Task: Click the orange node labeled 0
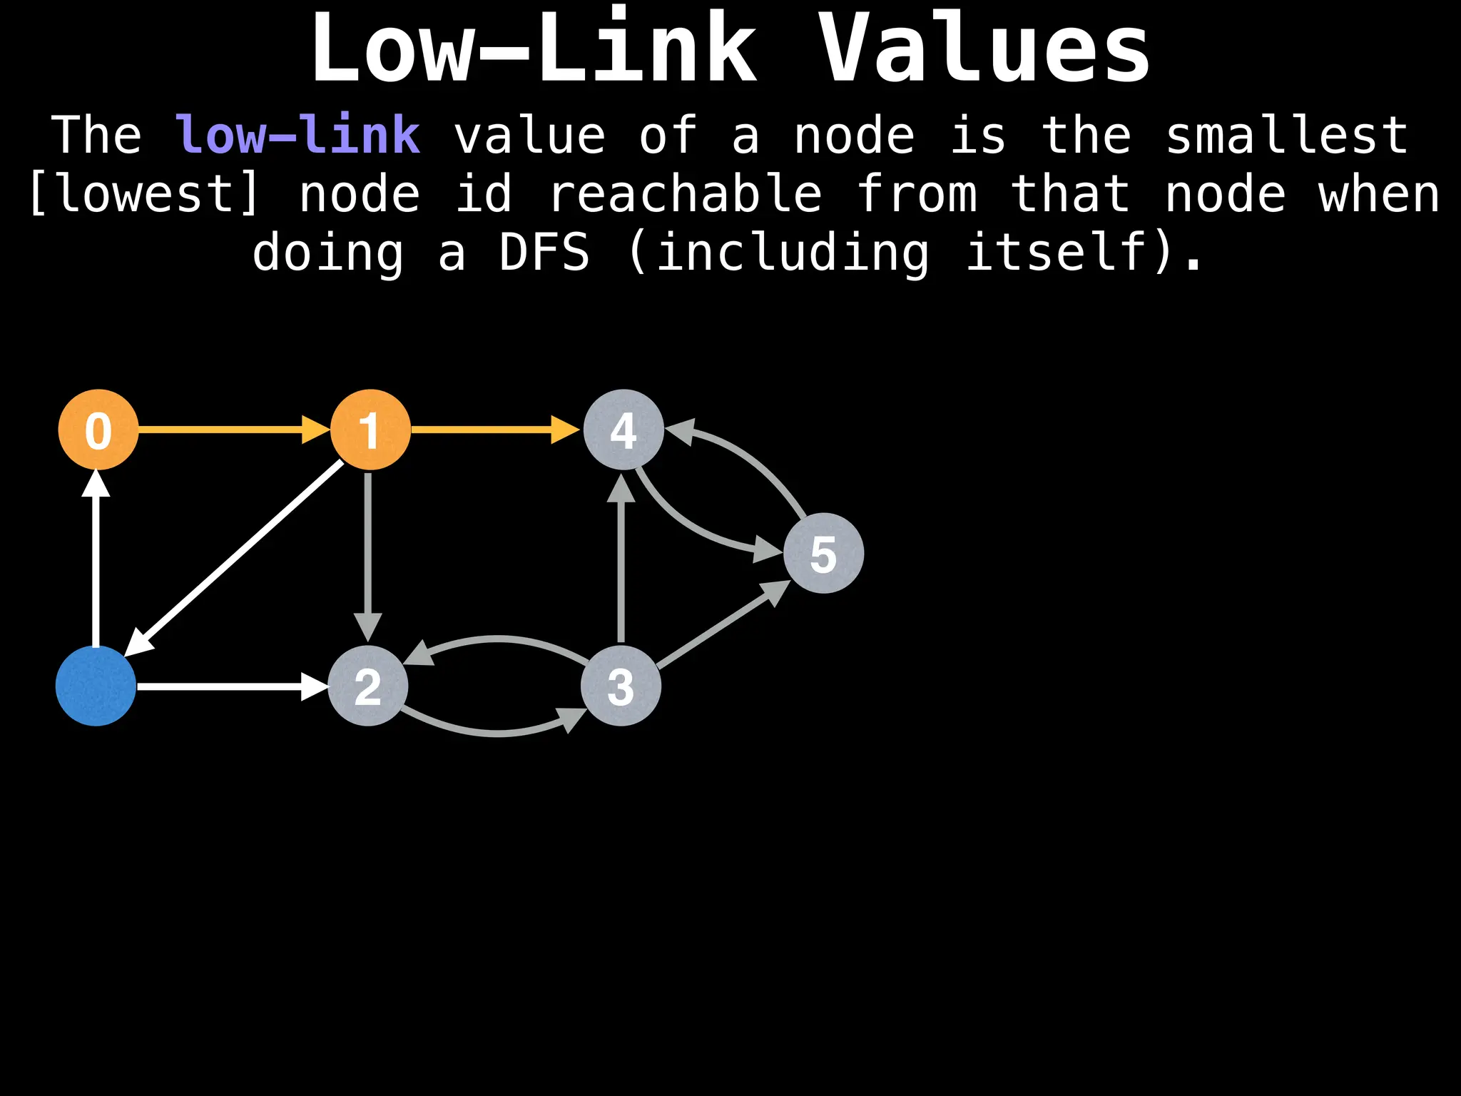[x=98, y=430]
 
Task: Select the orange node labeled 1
[x=370, y=430]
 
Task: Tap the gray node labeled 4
[x=623, y=430]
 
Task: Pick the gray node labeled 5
[x=823, y=553]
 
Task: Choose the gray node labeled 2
[x=367, y=686]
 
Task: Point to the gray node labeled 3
[x=621, y=686]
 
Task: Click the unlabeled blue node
[x=96, y=686]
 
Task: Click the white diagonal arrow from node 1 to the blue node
[x=235, y=557]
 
